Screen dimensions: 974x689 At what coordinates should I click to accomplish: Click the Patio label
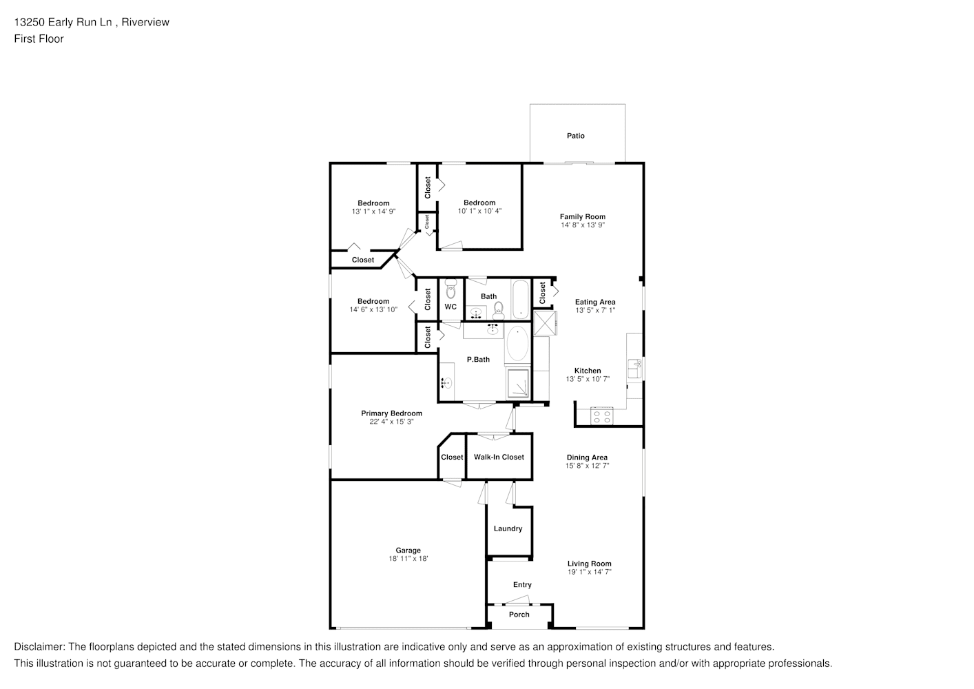coord(575,136)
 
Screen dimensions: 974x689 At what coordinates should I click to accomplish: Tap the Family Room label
coord(582,216)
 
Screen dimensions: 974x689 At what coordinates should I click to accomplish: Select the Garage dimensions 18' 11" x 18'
coord(408,559)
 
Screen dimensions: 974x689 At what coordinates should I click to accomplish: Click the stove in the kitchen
coord(601,417)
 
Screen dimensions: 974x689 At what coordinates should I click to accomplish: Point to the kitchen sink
coord(634,369)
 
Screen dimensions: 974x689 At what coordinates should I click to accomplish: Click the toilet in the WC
coord(451,289)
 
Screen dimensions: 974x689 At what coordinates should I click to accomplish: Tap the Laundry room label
coord(508,528)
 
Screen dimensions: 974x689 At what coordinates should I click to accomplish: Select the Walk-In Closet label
coord(499,457)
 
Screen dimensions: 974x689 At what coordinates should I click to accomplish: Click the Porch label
coord(519,614)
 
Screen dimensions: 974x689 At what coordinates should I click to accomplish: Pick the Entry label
coord(522,584)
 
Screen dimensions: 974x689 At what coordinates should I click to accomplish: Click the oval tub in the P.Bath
coord(517,344)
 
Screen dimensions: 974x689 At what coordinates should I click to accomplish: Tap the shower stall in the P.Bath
coord(518,383)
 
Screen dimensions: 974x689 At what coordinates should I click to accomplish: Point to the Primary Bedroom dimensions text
coord(391,422)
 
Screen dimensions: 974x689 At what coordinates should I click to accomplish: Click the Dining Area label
coord(587,457)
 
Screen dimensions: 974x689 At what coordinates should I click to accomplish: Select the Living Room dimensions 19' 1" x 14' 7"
coord(589,572)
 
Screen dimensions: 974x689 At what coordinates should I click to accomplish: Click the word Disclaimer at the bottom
coord(39,647)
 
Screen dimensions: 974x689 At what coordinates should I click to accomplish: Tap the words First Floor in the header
coord(39,39)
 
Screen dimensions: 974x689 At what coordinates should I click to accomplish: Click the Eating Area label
coord(595,302)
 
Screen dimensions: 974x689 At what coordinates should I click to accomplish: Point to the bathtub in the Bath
coord(520,299)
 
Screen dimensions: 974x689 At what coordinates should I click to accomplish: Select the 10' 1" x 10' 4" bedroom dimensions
coord(479,211)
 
